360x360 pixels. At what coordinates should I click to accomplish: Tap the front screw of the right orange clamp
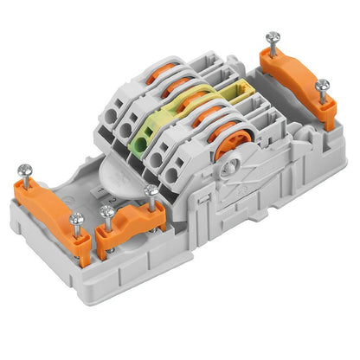[322, 85]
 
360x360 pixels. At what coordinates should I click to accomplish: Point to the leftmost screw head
[24, 170]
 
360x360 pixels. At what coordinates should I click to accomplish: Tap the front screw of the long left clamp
[76, 220]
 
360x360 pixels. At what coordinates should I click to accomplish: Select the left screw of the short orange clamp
[107, 210]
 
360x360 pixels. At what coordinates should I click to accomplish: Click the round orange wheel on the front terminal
[227, 143]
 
